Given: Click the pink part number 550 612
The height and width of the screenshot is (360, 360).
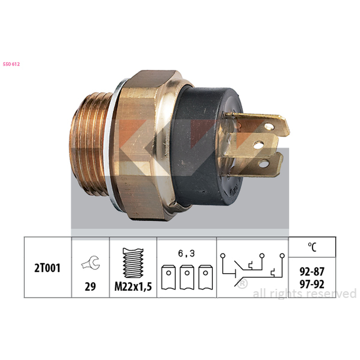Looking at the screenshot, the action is click(11, 64).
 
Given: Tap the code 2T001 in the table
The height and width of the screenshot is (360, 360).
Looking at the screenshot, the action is click(47, 268).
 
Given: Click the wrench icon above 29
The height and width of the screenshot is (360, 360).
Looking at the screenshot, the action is click(90, 262).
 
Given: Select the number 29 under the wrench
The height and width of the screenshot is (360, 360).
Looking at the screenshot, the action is click(90, 286).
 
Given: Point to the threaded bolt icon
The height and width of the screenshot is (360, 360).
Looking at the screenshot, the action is click(133, 263).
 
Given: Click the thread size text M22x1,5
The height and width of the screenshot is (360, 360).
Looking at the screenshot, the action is click(133, 287).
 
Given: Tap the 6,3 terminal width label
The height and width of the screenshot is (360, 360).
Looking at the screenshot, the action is click(186, 253).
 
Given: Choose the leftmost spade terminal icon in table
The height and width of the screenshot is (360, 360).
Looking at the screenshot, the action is click(168, 277).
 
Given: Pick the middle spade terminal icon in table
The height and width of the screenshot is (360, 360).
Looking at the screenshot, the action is click(187, 277).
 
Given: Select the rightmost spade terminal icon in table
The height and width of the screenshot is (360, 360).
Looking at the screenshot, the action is click(206, 277).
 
